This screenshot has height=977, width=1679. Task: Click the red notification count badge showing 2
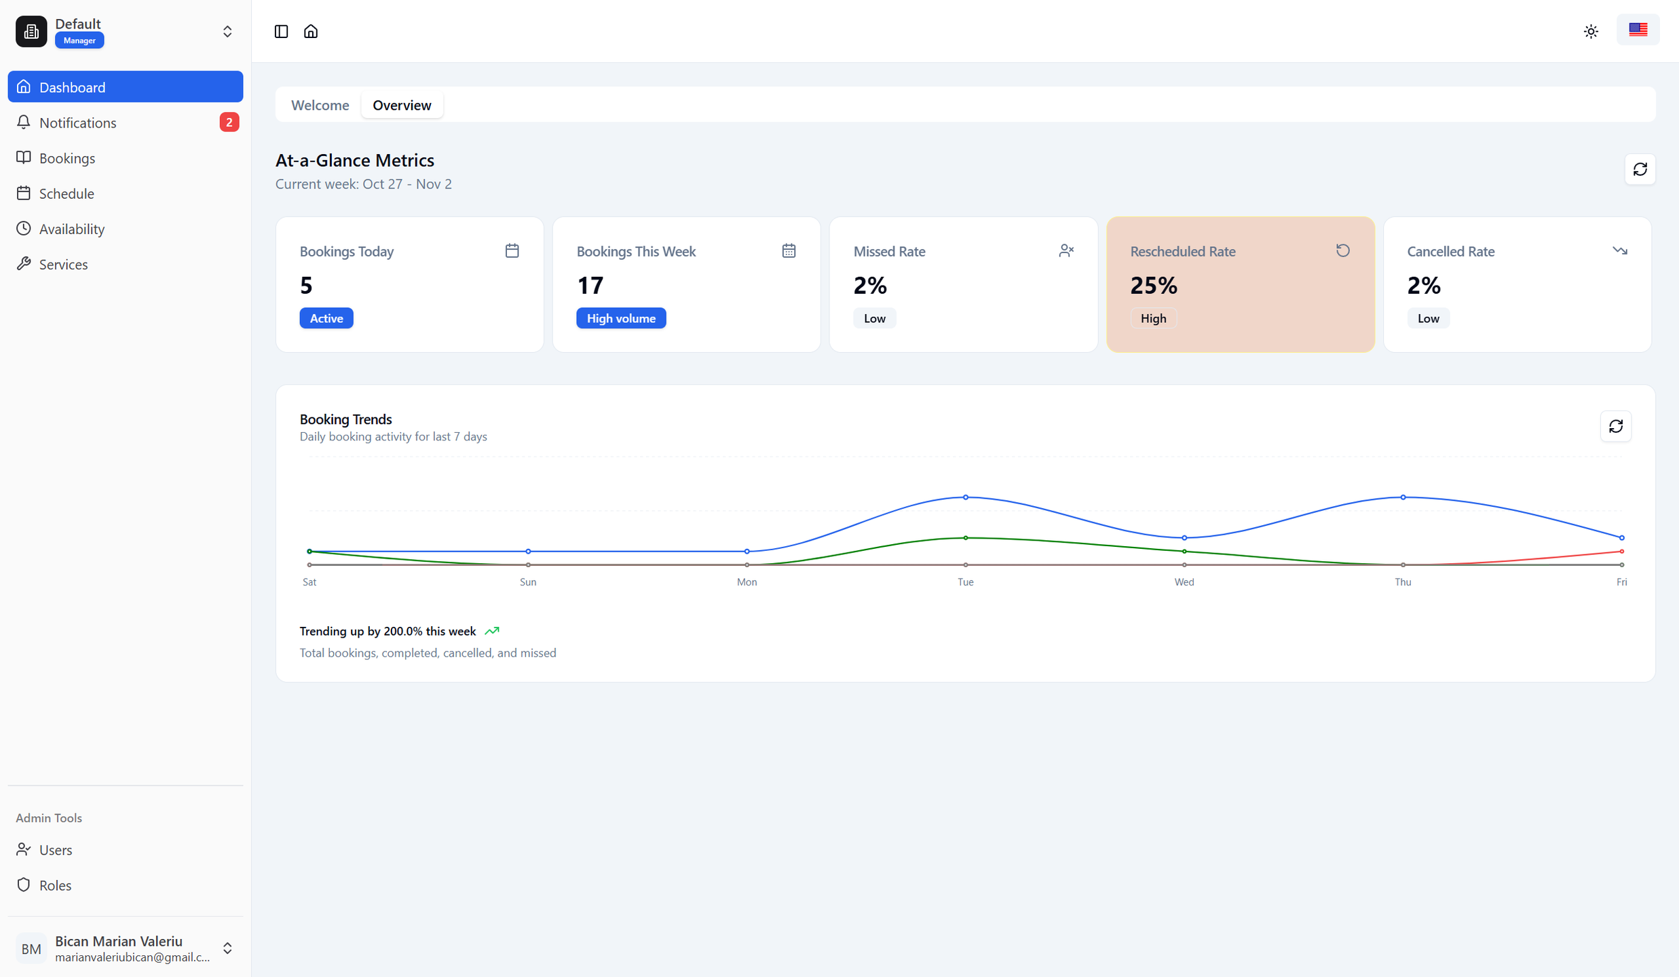click(229, 122)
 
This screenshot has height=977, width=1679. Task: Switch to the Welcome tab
click(320, 105)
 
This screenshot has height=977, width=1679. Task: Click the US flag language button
click(1638, 30)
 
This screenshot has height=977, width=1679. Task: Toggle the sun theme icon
click(1591, 31)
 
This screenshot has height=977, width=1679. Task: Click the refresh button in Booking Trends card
click(1615, 426)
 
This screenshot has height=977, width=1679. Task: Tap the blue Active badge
click(326, 318)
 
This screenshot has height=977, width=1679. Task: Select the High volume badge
click(621, 318)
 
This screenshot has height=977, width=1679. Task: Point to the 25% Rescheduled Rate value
click(1154, 286)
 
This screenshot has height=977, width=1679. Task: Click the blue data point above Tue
click(966, 497)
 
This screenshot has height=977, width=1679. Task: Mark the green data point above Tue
click(966, 538)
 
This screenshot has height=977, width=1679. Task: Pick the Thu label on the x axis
click(1403, 582)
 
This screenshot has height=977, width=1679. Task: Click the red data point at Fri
click(1621, 552)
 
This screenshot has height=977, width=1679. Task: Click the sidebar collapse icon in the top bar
click(281, 31)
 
